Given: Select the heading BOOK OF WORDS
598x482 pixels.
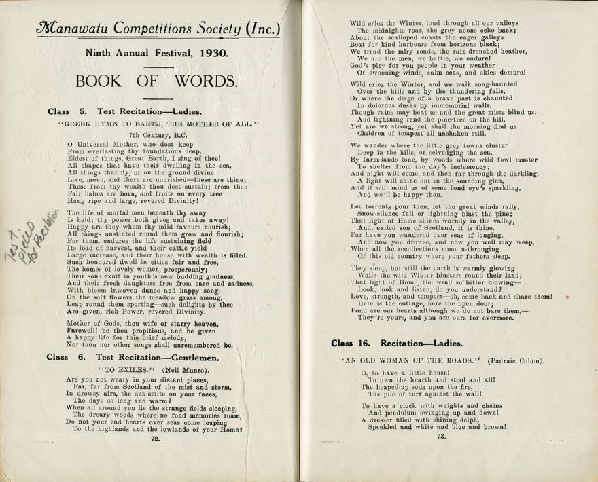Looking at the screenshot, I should [156, 81].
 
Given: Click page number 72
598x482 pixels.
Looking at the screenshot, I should [155, 439].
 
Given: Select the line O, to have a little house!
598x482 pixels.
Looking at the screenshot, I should [402, 373].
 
